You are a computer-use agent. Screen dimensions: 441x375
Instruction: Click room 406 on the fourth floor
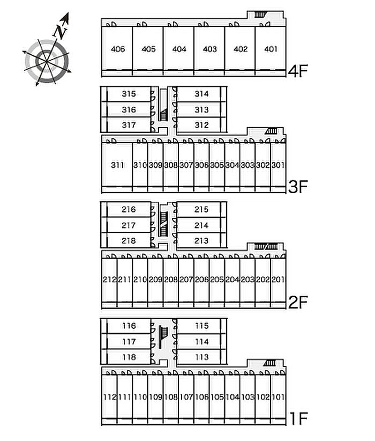(118, 49)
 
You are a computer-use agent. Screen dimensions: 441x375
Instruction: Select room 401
(271, 49)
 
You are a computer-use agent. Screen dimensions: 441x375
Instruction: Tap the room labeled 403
(210, 49)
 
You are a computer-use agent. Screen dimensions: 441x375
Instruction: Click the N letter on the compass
(62, 30)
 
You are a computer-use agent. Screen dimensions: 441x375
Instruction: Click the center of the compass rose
(47, 61)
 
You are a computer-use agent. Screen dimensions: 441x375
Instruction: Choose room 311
(117, 165)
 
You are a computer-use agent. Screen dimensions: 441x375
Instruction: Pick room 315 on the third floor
(129, 94)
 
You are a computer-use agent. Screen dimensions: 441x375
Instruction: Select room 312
(201, 125)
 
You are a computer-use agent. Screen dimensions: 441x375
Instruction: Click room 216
(129, 209)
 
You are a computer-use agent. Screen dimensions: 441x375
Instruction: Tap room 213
(201, 240)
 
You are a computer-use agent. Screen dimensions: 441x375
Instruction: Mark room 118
(129, 357)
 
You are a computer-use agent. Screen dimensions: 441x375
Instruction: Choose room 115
(201, 326)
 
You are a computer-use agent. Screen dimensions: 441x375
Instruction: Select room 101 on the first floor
(278, 397)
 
